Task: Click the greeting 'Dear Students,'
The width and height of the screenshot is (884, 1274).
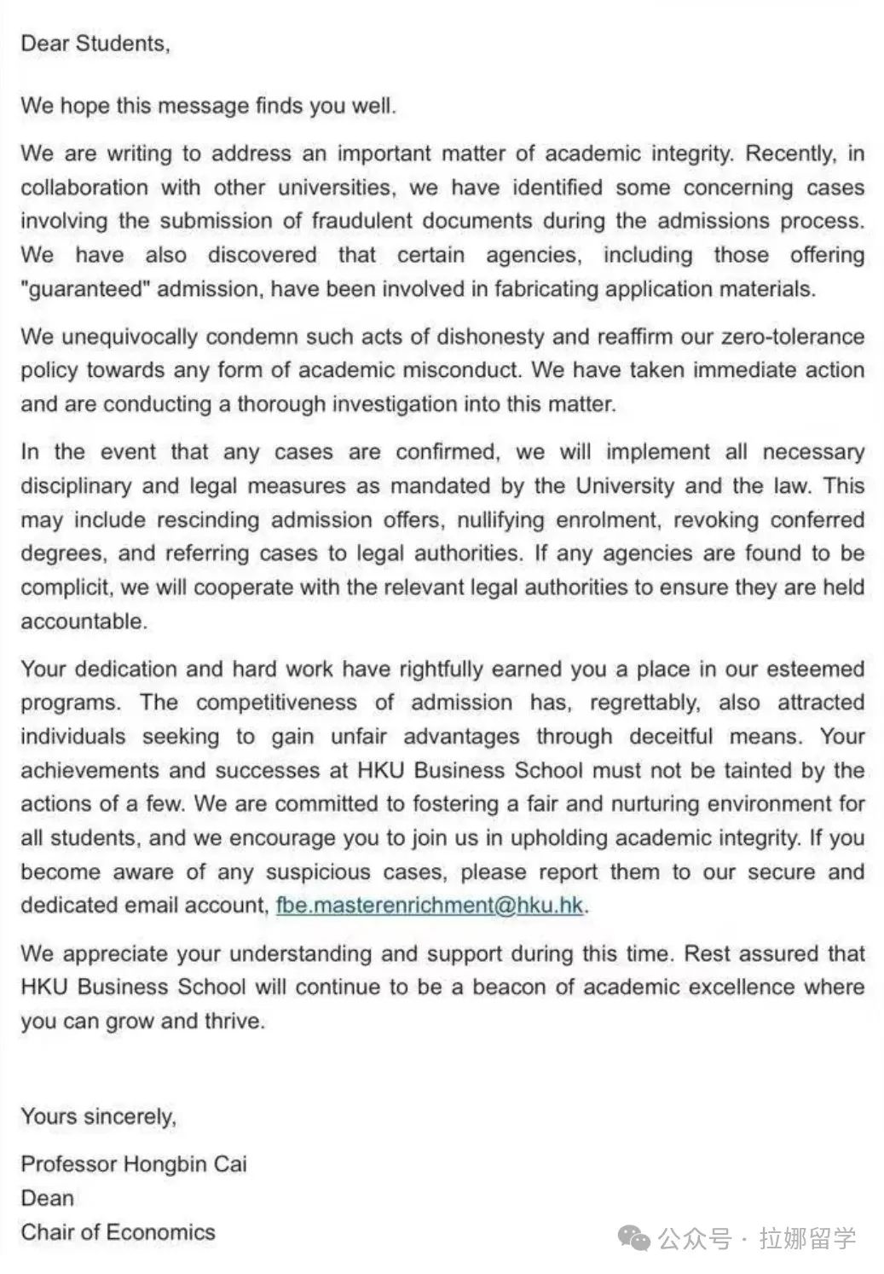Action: [95, 43]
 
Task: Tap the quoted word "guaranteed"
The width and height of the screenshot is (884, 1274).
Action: [85, 289]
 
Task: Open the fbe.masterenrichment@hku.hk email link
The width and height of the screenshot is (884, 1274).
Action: [430, 906]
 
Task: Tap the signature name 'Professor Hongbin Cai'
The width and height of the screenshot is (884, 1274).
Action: [134, 1164]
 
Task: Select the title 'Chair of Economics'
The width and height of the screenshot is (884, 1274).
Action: [118, 1232]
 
